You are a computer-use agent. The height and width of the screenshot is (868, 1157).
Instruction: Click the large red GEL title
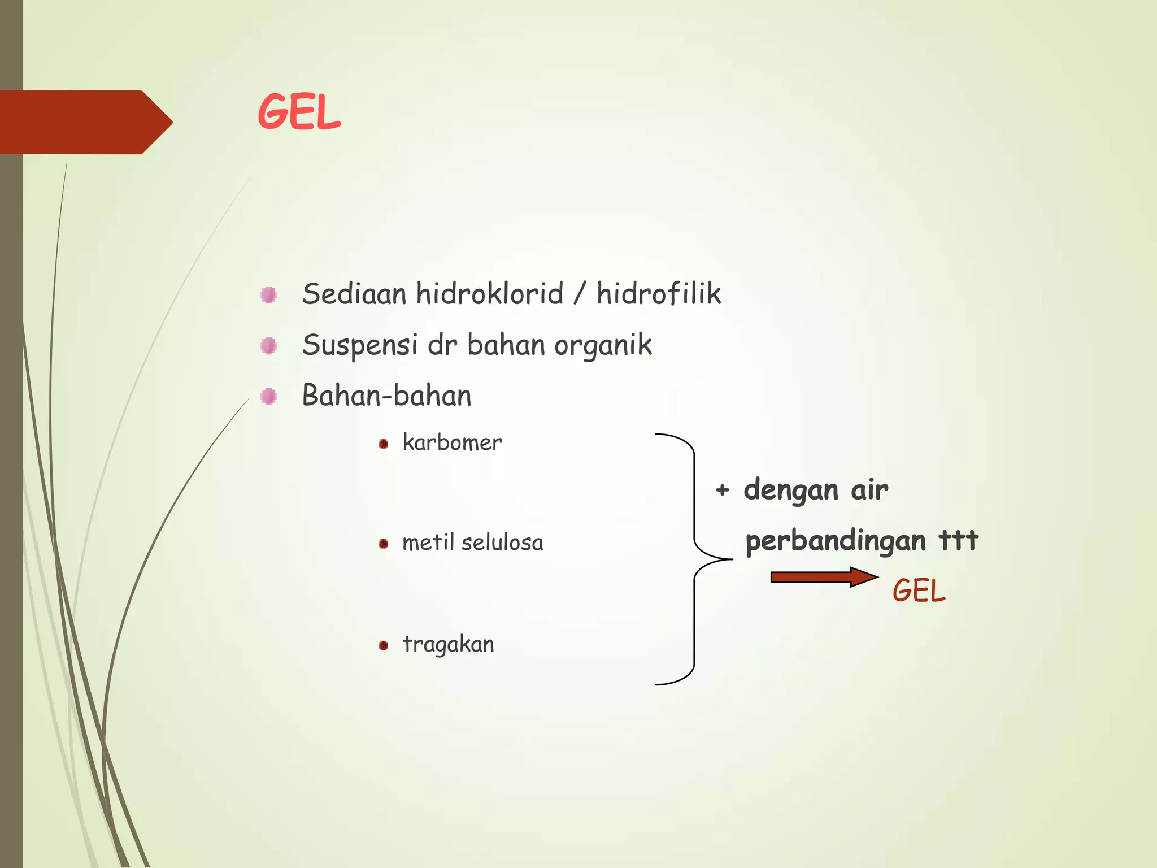299,112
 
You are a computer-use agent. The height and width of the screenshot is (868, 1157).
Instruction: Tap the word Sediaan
354,294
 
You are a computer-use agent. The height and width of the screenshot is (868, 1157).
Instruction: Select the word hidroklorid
490,294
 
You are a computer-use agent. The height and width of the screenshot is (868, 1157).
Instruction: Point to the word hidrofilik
659,294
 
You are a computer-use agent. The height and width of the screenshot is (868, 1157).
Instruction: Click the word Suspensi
360,345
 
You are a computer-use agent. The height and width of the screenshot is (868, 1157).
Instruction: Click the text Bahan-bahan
386,396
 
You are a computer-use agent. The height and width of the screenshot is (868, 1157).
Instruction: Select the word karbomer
452,442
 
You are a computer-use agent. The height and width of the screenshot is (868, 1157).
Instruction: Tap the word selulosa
502,542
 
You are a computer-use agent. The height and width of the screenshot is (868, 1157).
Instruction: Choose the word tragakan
448,645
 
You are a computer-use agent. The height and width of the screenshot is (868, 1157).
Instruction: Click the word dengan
790,491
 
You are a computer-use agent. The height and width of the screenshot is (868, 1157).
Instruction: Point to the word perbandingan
836,541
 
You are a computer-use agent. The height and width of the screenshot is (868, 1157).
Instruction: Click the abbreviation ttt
958,540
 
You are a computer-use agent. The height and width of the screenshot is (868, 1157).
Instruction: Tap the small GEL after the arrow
919,591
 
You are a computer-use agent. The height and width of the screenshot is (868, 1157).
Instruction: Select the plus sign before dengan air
722,490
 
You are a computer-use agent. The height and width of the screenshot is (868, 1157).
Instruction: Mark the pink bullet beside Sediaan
269,294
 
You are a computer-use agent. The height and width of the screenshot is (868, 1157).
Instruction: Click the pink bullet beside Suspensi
269,345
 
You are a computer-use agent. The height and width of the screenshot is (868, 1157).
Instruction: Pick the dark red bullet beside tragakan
384,645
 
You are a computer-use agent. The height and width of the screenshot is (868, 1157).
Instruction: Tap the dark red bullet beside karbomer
384,444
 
